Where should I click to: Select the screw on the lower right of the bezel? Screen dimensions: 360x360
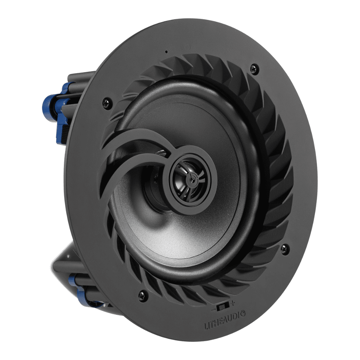(284, 248)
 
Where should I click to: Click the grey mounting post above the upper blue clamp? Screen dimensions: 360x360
(77, 77)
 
